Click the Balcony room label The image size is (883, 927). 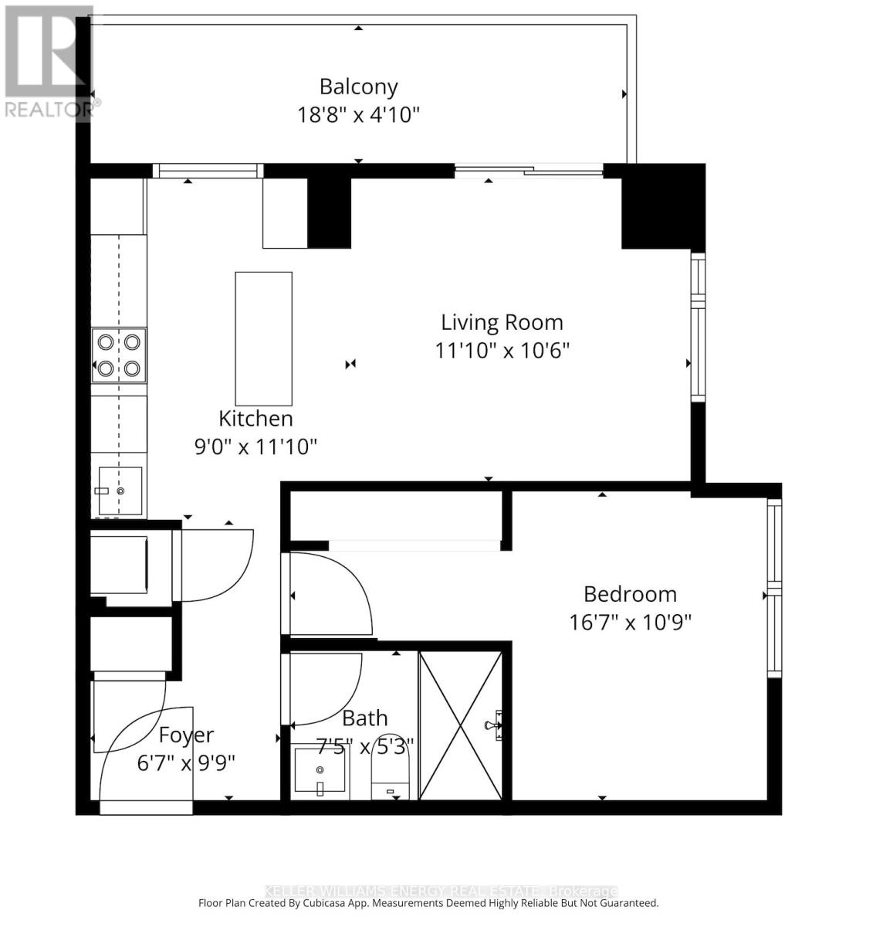coord(358,87)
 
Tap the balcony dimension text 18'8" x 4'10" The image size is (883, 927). coord(358,115)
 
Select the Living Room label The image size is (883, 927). coord(502,322)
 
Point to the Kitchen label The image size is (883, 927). coord(255,419)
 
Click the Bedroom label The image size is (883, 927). coord(630,594)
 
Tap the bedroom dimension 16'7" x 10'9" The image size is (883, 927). coord(630,622)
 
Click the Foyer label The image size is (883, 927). coord(186,735)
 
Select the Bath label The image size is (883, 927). coord(364,718)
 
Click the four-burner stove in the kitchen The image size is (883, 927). coord(119,355)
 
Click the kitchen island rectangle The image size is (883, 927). coord(263,338)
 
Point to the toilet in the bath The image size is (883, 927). coord(393,769)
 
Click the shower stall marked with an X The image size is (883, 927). coord(460,725)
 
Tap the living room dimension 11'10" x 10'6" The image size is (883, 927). coord(502,350)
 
